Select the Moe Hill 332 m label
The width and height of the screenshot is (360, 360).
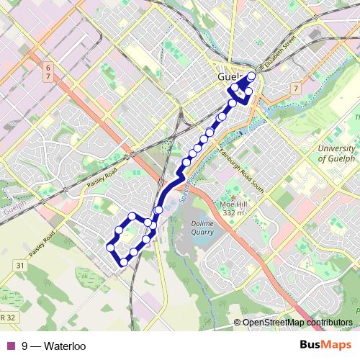point(233,209)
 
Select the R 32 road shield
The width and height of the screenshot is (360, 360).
point(7,316)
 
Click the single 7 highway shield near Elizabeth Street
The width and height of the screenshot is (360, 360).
point(295,87)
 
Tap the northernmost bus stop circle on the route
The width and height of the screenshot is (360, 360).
point(251,76)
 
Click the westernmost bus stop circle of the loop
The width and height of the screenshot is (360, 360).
point(112,247)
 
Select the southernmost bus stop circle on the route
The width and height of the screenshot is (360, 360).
point(124,263)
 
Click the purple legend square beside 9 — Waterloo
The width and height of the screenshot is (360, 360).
point(10,346)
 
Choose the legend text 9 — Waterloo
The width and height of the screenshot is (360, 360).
point(54,346)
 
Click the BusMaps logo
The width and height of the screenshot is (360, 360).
point(325,346)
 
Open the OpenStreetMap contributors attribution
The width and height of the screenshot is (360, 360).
point(297,323)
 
